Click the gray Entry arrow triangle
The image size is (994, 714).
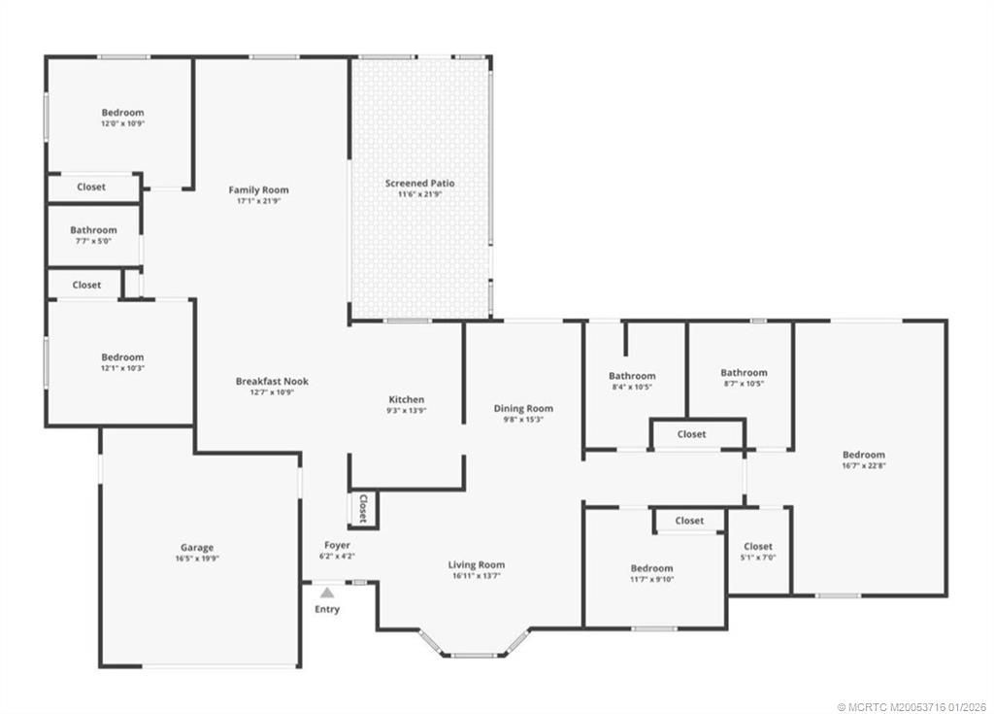327,592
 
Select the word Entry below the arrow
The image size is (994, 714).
327,609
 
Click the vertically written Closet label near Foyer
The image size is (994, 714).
363,508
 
